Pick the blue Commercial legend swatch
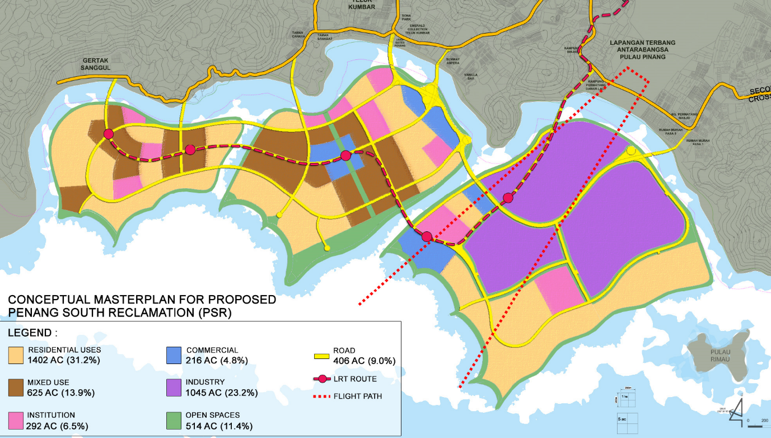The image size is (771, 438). point(174,355)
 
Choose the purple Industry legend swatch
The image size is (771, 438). point(174,387)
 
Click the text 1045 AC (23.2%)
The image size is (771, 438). point(222,393)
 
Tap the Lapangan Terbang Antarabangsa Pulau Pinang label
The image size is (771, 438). point(642,50)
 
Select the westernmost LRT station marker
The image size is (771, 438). point(108,134)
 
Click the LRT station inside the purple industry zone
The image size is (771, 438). point(508,198)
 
